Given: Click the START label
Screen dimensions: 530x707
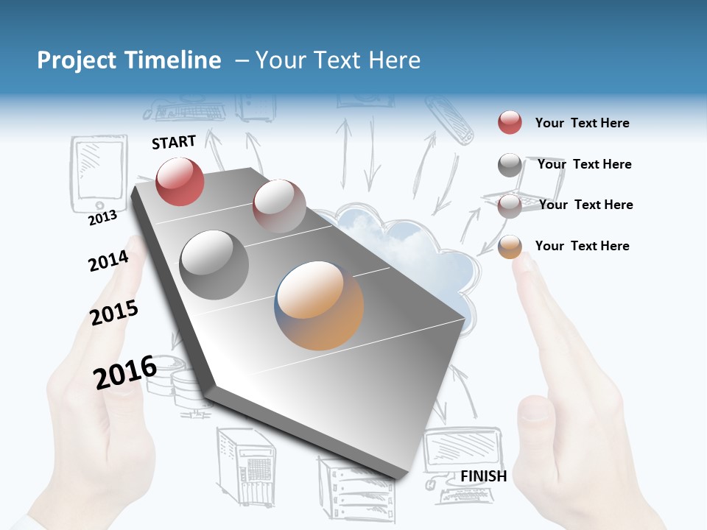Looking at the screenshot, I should pyautogui.click(x=174, y=142).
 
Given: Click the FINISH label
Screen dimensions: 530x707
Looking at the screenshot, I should pyautogui.click(x=483, y=476).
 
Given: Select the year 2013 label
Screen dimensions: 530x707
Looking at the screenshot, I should pyautogui.click(x=102, y=217).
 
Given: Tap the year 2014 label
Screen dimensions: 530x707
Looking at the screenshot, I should pyautogui.click(x=108, y=261).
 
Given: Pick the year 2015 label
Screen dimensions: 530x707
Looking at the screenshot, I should pyautogui.click(x=114, y=313).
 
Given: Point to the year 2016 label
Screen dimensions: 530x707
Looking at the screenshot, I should pyautogui.click(x=124, y=372).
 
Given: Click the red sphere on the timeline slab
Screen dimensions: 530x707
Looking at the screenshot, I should pyautogui.click(x=180, y=181).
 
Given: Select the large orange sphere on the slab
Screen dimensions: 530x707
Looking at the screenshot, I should pyautogui.click(x=320, y=305).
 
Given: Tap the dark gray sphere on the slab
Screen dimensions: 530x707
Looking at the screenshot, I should pyautogui.click(x=214, y=264).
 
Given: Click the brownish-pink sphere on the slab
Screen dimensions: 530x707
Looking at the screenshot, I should pyautogui.click(x=279, y=206).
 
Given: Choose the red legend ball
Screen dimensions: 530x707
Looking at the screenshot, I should pyautogui.click(x=510, y=122).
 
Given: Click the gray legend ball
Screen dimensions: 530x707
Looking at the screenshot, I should pyautogui.click(x=510, y=165).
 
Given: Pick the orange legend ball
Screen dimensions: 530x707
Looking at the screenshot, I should pyautogui.click(x=510, y=247).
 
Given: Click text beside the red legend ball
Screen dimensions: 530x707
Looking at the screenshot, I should pyautogui.click(x=582, y=123).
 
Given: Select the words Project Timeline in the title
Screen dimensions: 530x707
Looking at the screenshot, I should pyautogui.click(x=129, y=60).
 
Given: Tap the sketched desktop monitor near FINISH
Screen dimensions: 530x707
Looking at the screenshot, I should pyautogui.click(x=462, y=450).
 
